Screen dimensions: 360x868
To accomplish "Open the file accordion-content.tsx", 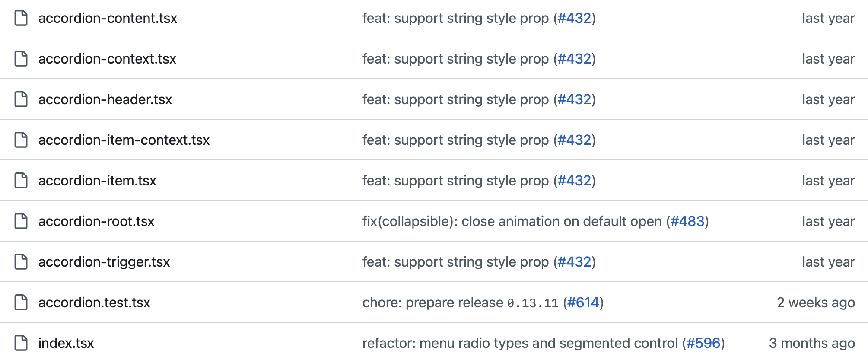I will pos(108,18).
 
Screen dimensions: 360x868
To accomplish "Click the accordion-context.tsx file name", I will pos(107,59).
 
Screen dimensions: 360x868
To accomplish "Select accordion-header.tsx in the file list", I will pos(105,99).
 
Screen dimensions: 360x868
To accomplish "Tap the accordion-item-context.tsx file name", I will pos(124,140).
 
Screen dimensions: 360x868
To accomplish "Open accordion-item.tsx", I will pos(97,181).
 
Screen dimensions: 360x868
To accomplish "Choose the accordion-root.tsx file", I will pos(96,221).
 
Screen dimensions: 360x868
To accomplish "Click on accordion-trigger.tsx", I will pos(104,262).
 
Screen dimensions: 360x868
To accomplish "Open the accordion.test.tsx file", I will pos(94,303).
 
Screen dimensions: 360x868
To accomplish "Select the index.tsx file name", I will pos(66,343).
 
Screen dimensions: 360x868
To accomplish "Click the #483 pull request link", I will pos(687,221).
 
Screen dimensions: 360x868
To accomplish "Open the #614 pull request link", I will pos(583,303).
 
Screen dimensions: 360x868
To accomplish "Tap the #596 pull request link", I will pos(703,343).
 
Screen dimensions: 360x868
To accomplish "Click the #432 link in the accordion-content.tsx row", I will pos(574,18).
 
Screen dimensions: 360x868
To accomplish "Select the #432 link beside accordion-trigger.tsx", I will pos(574,262).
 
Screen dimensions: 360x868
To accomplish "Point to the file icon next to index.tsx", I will pos(21,343).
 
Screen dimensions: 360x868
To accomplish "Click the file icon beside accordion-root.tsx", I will pos(21,221).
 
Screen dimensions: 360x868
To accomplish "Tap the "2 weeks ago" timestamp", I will pos(816,303).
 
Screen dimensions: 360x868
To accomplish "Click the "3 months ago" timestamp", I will pos(812,343).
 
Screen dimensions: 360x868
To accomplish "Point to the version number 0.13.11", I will pos(533,303).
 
